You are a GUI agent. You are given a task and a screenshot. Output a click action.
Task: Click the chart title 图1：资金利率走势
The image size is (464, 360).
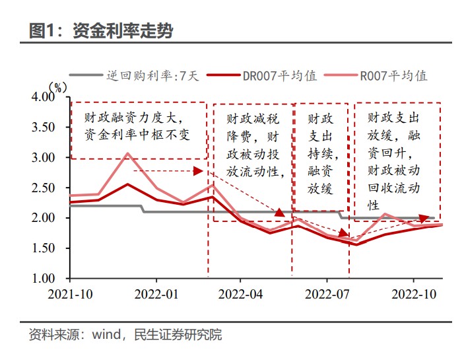click(101, 30)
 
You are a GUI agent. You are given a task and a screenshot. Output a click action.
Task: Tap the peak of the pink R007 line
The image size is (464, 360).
click(128, 153)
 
